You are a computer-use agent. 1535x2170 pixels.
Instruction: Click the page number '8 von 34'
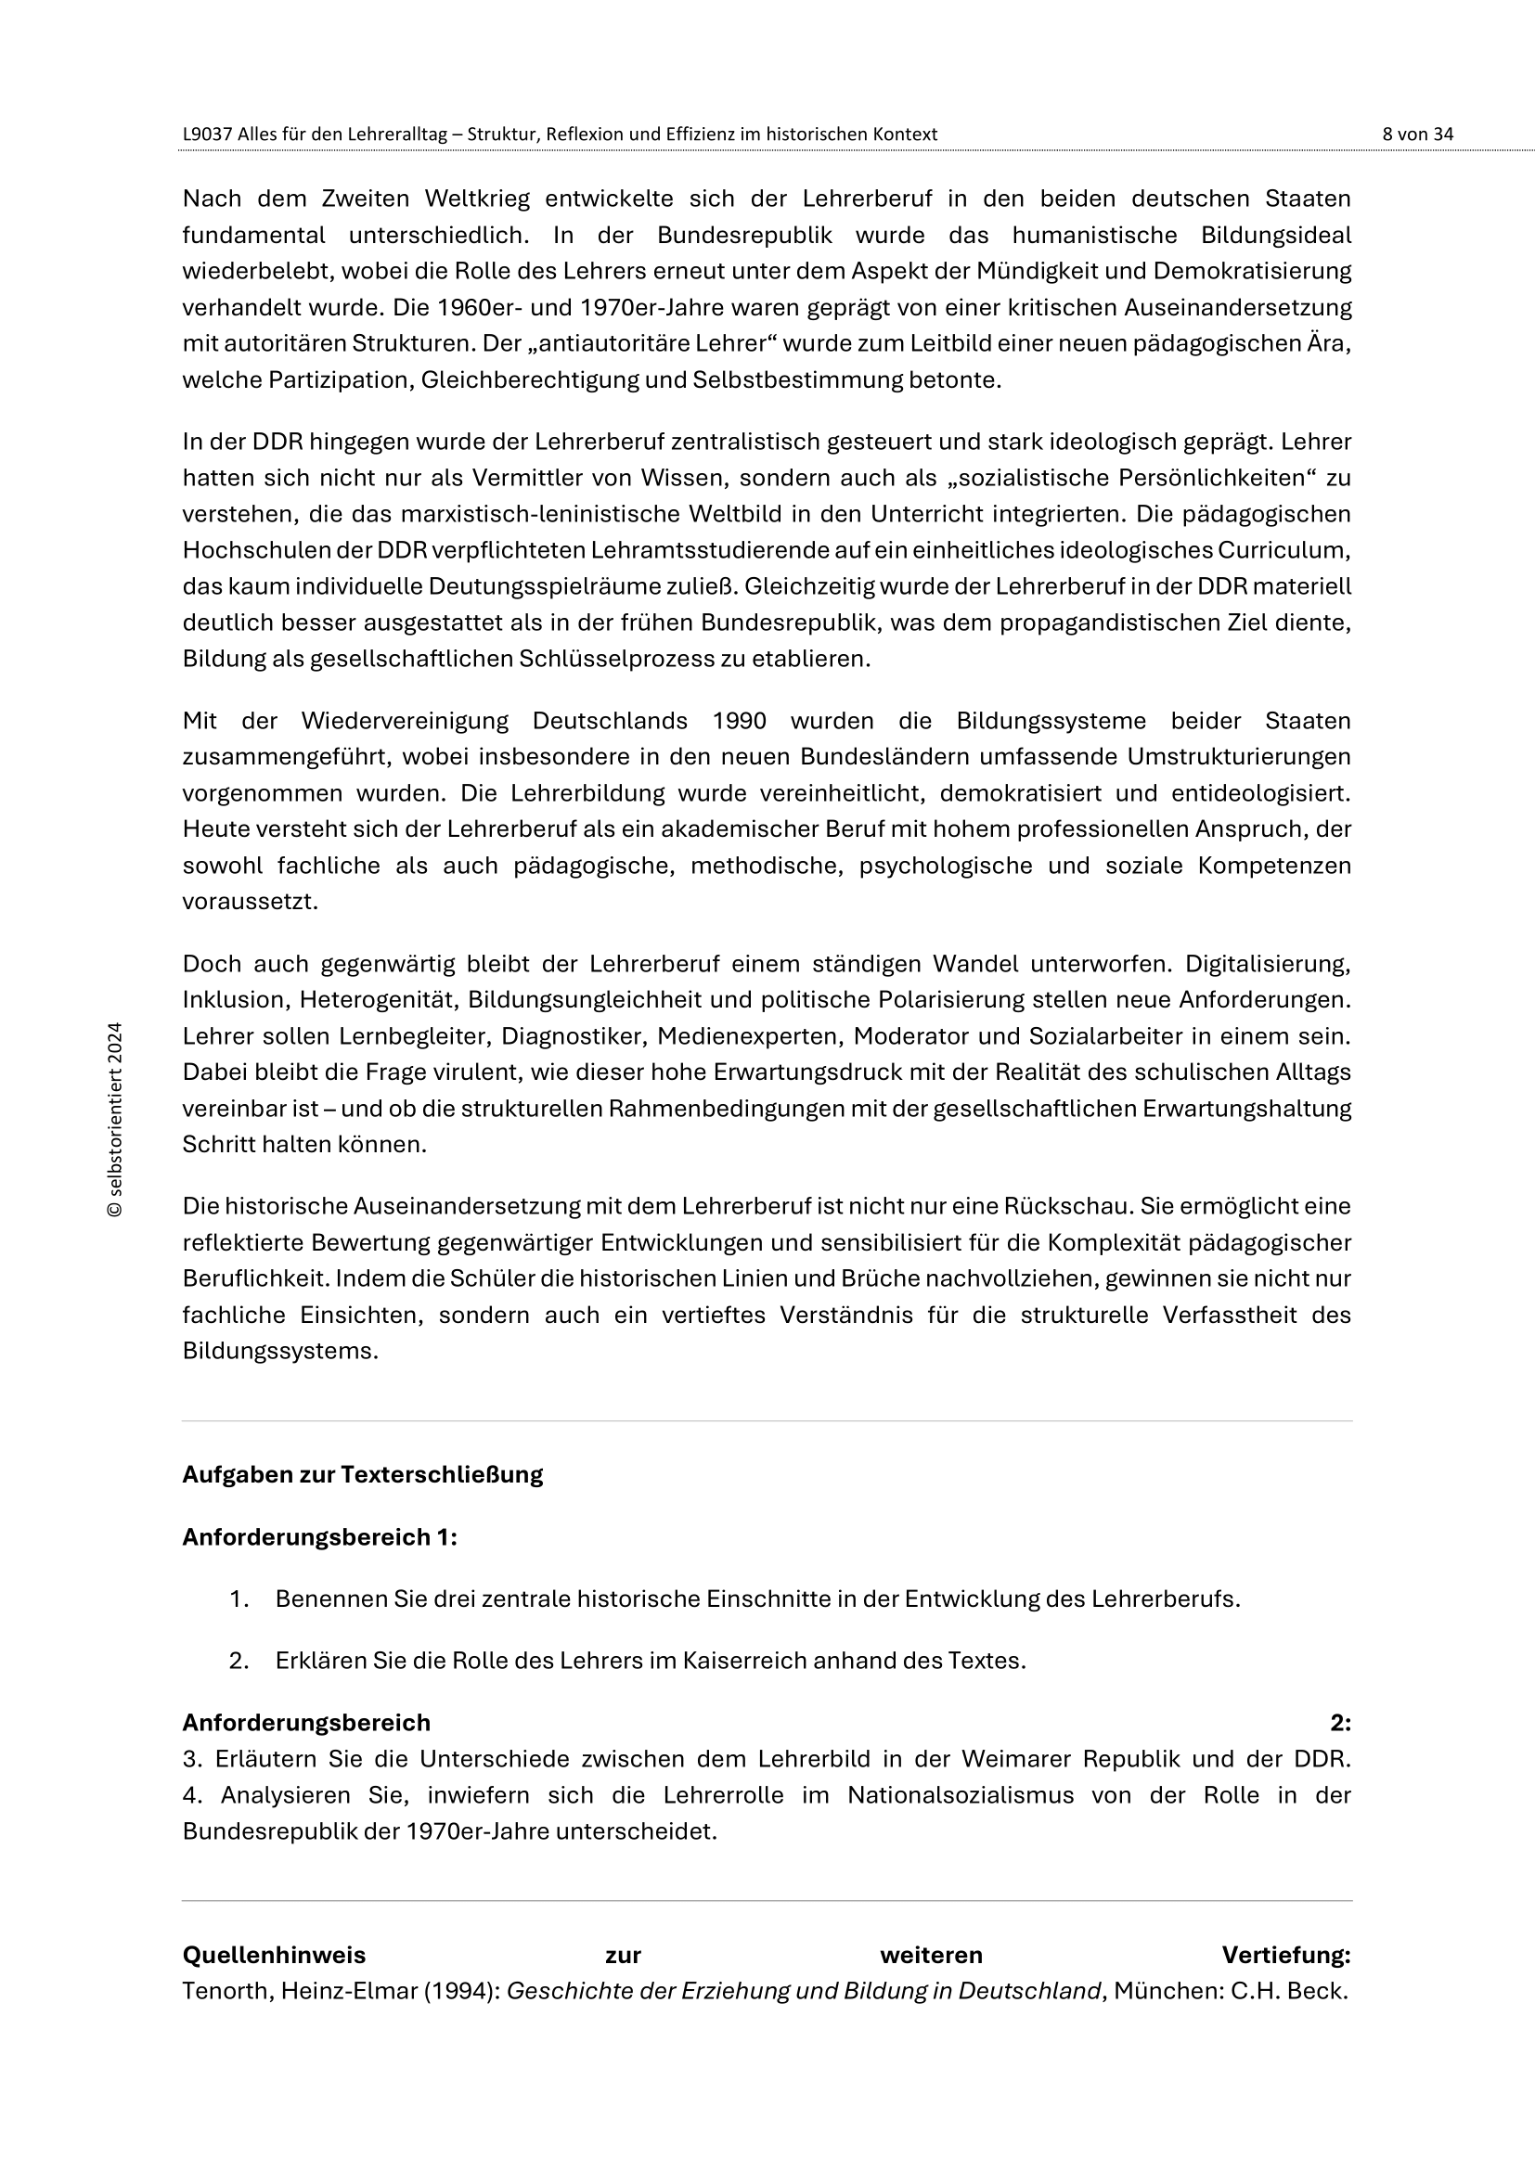1417,135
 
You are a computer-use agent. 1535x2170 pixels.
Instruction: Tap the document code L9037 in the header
207,135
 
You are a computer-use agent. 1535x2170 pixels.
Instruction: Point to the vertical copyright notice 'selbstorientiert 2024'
115,1119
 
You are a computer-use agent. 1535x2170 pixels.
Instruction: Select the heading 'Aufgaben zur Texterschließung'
362,1474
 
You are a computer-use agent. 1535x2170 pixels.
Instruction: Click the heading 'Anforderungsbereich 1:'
319,1536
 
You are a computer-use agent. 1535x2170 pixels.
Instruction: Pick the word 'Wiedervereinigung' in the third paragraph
405,721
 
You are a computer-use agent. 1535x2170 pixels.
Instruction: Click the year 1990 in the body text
739,721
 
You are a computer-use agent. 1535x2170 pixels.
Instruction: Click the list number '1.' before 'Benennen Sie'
239,1599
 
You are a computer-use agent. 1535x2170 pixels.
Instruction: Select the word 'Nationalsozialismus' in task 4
961,1795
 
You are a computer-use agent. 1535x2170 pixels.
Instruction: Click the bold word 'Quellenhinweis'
274,1955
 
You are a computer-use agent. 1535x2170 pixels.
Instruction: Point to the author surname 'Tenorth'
224,1990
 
